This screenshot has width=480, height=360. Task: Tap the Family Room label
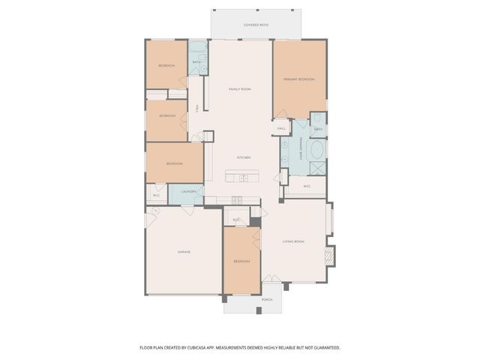pyautogui.click(x=239, y=89)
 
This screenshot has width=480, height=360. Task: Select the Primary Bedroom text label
pyautogui.click(x=298, y=79)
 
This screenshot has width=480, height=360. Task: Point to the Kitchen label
pyautogui.click(x=244, y=157)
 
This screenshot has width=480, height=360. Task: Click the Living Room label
pyautogui.click(x=293, y=241)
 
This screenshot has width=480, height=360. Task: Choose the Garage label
pyautogui.click(x=184, y=252)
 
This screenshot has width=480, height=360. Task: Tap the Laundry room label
pyautogui.click(x=188, y=192)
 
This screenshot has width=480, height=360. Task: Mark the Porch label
pyautogui.click(x=267, y=299)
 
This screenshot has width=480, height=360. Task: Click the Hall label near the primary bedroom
pyautogui.click(x=282, y=129)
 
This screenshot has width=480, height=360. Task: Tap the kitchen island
pyautogui.click(x=242, y=177)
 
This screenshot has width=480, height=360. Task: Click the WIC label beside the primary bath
pyautogui.click(x=307, y=186)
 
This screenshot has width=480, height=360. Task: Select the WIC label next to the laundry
pyautogui.click(x=157, y=196)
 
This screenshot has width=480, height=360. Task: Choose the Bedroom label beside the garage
pyautogui.click(x=241, y=261)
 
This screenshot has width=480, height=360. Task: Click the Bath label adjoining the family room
pyautogui.click(x=196, y=62)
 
